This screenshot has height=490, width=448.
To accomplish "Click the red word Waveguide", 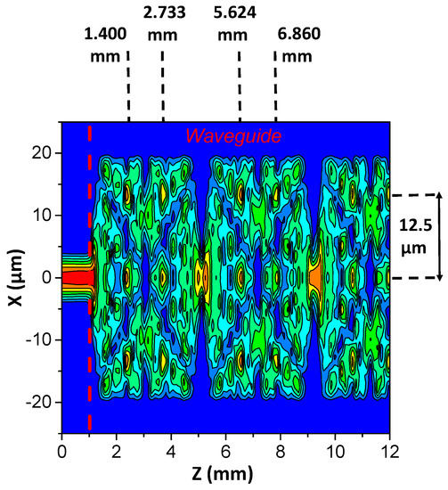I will pyautogui.click(x=233, y=136).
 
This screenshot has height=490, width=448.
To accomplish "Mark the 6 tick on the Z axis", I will pyautogui.click(x=225, y=450).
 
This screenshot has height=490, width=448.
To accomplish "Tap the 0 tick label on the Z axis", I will pyautogui.click(x=61, y=450).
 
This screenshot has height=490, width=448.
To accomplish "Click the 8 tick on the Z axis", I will pyautogui.click(x=280, y=450).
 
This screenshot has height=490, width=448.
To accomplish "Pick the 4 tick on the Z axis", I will pyautogui.click(x=170, y=450).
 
